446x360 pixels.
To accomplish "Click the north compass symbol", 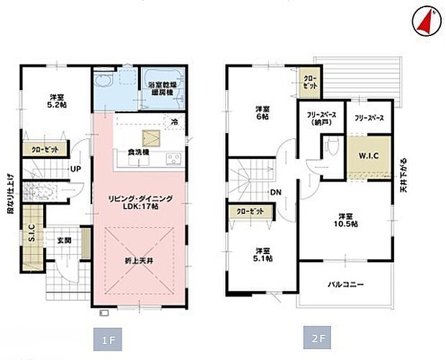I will [x=424, y=21].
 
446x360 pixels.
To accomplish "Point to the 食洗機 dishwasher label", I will [x=138, y=153].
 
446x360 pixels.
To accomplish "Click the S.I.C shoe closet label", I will [x=31, y=233].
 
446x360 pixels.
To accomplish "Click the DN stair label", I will [x=276, y=192].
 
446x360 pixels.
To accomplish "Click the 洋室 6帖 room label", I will [x=262, y=112].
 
